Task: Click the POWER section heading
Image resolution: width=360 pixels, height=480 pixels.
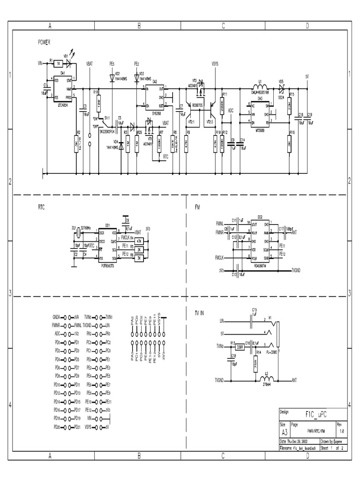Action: pyautogui.click(x=45, y=42)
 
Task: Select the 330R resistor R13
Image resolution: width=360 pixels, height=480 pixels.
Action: pyautogui.click(x=240, y=347)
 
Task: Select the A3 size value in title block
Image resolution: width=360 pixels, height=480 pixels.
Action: pyautogui.click(x=284, y=432)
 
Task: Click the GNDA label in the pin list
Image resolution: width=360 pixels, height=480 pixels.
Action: pyautogui.click(x=57, y=317)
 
